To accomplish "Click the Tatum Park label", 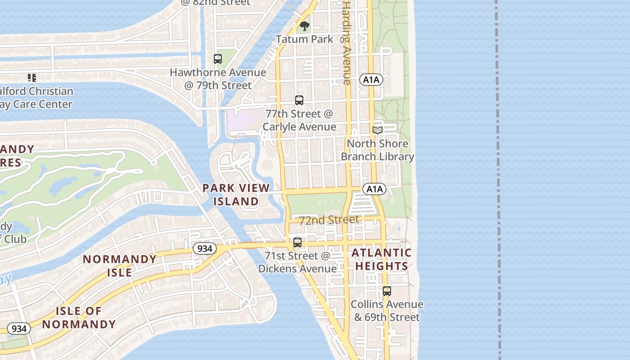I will pos(305,39).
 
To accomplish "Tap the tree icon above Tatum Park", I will pos(305,26).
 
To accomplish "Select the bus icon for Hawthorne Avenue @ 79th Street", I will pos(218,59).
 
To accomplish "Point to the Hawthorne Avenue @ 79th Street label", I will pos(218,79).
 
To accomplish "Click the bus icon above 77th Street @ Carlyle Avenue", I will pos(299,100).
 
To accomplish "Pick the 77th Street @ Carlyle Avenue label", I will pos(299,120).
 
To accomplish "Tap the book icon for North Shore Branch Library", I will pos(377,130).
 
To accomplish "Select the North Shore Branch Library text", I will pos(377,150).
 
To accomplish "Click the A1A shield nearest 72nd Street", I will pos(374,189).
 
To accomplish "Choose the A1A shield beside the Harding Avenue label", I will pos(371,80).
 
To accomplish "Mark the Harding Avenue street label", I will pos(346,43).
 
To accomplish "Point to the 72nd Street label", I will pos(329,220).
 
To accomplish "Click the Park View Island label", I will pos(236,194).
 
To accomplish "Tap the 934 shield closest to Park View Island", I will pos(205,248).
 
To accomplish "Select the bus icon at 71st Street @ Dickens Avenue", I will pos(297,243).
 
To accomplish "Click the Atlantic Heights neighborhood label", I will pos(382,259).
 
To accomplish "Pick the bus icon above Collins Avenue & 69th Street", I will pos(387,291).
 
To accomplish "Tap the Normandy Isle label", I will pos(120,265).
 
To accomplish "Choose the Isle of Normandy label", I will pos(79,317).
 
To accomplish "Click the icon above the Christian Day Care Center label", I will pos(31,78).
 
